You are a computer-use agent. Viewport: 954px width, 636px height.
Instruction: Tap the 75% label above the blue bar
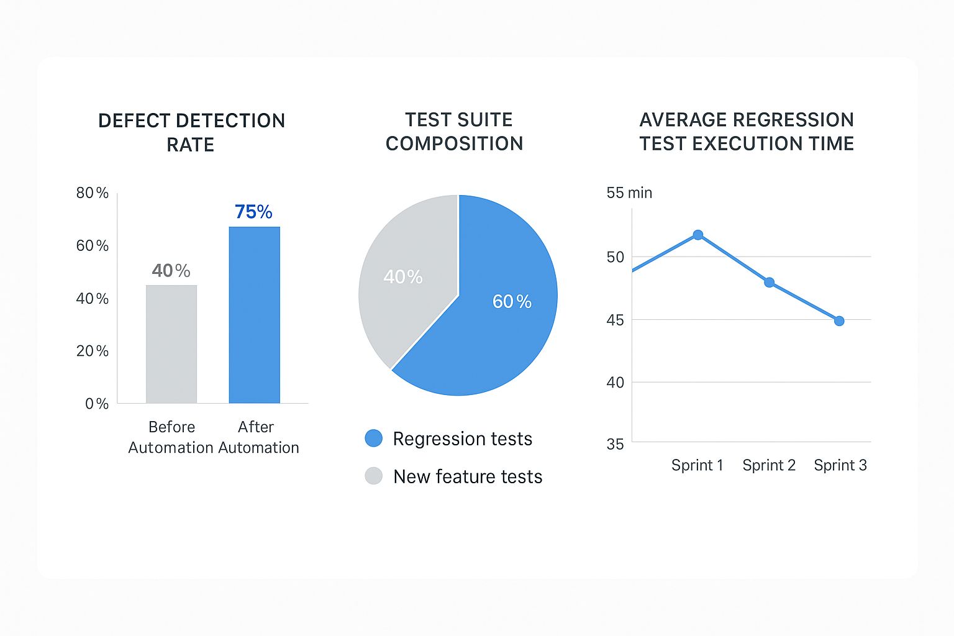[253, 212]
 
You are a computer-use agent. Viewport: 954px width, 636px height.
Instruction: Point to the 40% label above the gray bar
[171, 271]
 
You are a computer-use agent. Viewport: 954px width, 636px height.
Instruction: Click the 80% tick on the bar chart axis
[92, 193]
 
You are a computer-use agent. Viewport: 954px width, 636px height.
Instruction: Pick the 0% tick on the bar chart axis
[96, 404]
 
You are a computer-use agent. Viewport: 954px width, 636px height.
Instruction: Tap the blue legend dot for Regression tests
[373, 438]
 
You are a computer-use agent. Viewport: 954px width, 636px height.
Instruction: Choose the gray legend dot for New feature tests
[373, 476]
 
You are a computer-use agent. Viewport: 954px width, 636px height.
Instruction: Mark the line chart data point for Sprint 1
[697, 235]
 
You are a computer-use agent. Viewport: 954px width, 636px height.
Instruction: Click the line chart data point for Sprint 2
[769, 282]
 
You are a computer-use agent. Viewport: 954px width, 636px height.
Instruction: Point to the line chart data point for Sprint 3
[839, 321]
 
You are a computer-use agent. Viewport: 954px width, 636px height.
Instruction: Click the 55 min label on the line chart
[629, 193]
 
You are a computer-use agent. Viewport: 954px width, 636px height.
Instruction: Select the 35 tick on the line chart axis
[615, 444]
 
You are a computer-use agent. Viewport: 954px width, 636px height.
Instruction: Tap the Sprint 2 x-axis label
[769, 465]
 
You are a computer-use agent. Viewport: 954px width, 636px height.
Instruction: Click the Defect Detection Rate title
[191, 132]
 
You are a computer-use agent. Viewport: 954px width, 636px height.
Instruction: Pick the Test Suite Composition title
[455, 131]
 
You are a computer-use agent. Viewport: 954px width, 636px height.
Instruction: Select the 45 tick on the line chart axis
[615, 320]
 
